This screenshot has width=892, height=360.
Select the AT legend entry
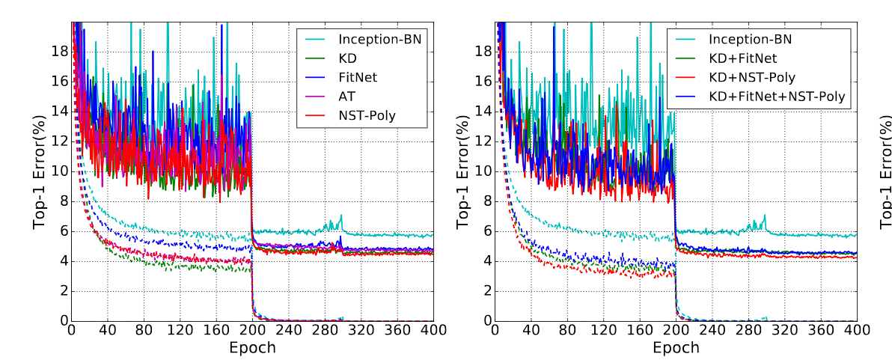click(x=346, y=96)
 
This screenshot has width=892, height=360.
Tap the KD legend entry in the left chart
click(x=347, y=57)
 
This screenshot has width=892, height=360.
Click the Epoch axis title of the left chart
click(x=252, y=348)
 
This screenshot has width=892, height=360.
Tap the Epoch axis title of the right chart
click(x=676, y=348)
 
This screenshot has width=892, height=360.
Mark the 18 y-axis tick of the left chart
click(x=60, y=52)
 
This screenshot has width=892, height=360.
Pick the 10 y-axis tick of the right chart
click(x=484, y=171)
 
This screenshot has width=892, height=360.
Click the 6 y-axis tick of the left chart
click(x=64, y=231)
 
